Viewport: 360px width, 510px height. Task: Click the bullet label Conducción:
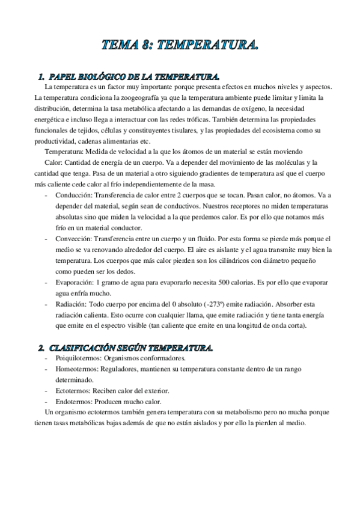pyautogui.click(x=75, y=195)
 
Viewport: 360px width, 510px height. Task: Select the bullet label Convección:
pyautogui.click(x=75, y=239)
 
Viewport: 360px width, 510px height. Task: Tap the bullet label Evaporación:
pyautogui.click(x=76, y=282)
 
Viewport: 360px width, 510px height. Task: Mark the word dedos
pyautogui.click(x=124, y=271)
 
